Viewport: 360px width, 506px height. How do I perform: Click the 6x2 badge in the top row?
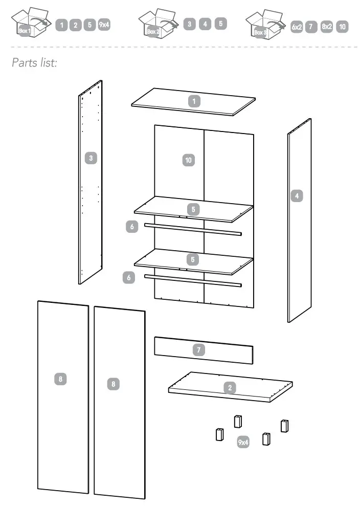click(x=297, y=27)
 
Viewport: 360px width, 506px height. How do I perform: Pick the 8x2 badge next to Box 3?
click(x=327, y=27)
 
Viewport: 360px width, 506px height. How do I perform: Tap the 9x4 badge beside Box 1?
click(x=104, y=25)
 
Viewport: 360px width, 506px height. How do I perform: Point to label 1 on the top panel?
click(x=194, y=101)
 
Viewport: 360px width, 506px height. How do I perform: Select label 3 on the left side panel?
click(x=91, y=158)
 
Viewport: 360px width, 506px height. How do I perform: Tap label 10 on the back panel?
click(x=188, y=160)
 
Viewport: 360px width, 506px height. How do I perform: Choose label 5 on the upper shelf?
click(x=192, y=209)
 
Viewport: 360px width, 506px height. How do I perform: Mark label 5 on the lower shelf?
click(x=192, y=259)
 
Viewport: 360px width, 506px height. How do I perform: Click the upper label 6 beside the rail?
click(x=132, y=227)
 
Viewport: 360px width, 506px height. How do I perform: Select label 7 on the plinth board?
click(x=199, y=350)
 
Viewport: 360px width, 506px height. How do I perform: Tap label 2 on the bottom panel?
click(x=230, y=387)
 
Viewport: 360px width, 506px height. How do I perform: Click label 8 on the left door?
click(x=60, y=379)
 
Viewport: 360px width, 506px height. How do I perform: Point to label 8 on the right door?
click(x=113, y=383)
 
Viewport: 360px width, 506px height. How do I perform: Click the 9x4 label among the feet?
click(x=243, y=442)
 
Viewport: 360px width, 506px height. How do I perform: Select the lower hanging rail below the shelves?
click(x=193, y=280)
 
